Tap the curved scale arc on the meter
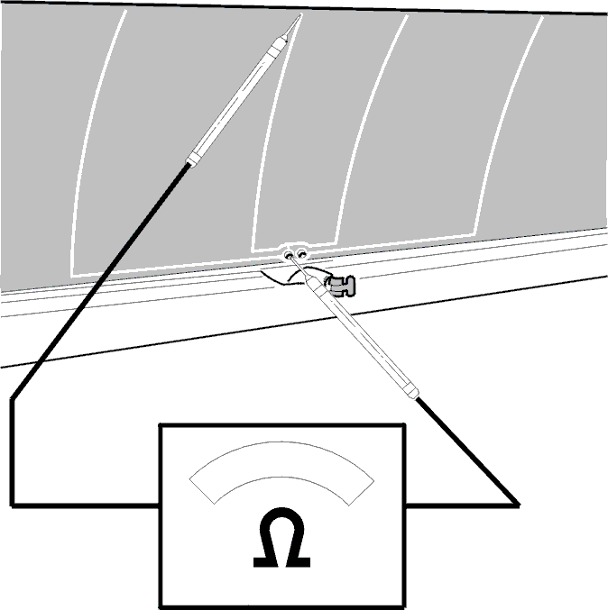281,459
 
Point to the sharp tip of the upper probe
300,14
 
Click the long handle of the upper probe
237,100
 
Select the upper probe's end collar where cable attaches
194,159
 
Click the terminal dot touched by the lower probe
289,255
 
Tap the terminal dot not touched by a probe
301,254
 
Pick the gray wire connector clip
340,286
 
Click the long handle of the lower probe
363,339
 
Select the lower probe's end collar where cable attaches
411,390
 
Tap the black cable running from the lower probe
467,451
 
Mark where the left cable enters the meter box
159,505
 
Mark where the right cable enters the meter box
405,505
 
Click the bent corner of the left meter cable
13,399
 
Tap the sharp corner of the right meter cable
519,505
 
